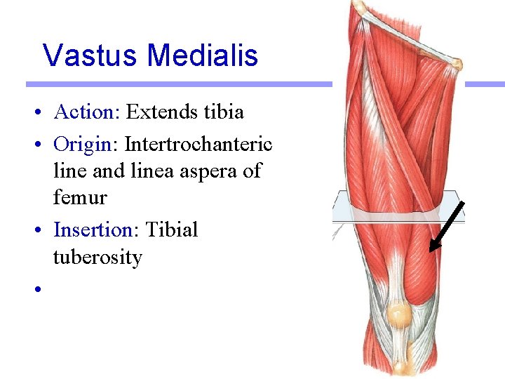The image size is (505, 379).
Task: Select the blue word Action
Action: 83,112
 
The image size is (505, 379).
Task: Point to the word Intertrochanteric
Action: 198,144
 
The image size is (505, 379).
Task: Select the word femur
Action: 80,199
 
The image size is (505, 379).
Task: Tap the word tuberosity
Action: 97,258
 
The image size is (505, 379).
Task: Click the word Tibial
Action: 172,230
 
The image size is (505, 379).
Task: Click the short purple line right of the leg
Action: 485,84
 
